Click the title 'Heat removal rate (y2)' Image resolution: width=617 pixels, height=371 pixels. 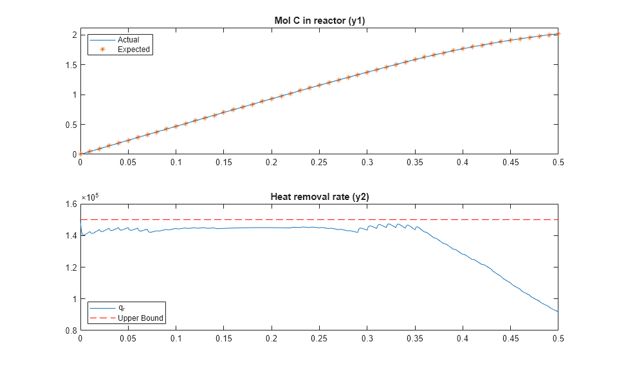tap(319, 197)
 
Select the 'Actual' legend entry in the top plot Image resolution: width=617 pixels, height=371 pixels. tap(128, 40)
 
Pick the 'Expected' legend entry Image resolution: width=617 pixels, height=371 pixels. tap(133, 50)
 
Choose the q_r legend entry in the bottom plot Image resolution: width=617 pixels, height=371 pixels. tap(122, 308)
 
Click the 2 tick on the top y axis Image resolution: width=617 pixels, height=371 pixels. tap(73, 35)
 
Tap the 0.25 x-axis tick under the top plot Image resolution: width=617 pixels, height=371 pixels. tap(319, 163)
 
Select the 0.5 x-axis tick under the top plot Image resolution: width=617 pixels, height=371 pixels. tap(558, 163)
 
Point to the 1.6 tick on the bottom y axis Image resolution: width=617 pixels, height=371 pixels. tap(69, 204)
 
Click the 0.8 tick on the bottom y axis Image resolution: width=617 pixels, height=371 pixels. tap(69, 330)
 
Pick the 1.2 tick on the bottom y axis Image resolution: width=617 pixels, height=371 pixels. tap(69, 267)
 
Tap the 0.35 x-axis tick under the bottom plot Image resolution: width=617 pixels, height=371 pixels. tap(414, 339)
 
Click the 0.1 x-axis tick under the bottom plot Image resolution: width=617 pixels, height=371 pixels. tap(176, 339)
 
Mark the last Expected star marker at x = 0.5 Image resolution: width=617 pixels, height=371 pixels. tap(558, 33)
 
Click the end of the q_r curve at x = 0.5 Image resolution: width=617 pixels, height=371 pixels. tap(558, 312)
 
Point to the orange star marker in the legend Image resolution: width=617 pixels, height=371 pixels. tap(102, 50)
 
